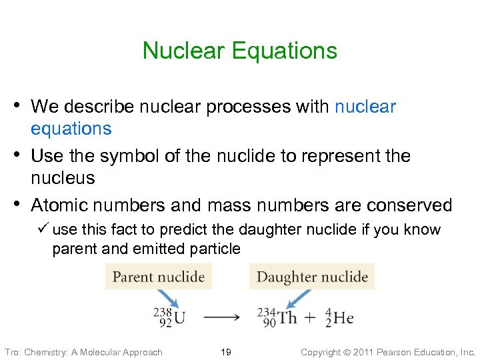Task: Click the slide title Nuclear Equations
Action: tap(240, 51)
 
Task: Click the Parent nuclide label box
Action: tap(159, 276)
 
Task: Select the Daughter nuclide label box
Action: tap(312, 276)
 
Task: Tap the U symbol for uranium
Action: tap(179, 317)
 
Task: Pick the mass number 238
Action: tap(163, 311)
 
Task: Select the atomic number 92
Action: tap(165, 323)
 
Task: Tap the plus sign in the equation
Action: tap(311, 318)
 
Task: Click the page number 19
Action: tap(225, 352)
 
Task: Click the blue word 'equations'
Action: tap(71, 129)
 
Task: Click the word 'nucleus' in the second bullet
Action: tap(63, 178)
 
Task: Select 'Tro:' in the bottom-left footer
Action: tap(13, 352)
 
